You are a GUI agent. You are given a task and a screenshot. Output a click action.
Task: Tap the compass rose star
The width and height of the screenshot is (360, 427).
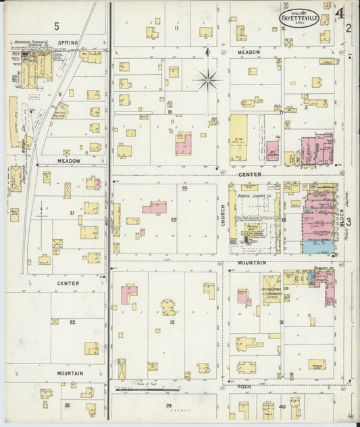(x=209, y=80)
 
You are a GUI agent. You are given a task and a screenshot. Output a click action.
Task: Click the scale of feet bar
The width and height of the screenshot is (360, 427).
(x=148, y=390)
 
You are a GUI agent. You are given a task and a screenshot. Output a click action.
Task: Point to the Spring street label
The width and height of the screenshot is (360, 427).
(x=68, y=43)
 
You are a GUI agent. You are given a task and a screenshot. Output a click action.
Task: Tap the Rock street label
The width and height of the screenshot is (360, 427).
(x=245, y=386)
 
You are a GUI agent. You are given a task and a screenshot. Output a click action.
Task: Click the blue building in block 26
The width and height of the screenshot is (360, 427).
(x=315, y=247)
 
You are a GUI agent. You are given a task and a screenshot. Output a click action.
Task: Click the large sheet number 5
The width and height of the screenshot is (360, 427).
(x=57, y=26)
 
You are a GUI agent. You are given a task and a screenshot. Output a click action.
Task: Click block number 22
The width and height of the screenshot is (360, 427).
(x=72, y=322)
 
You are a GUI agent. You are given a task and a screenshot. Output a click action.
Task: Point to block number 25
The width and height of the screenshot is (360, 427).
(x=174, y=220)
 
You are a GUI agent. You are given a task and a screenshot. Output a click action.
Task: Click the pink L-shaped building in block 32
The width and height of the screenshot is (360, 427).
(x=128, y=293)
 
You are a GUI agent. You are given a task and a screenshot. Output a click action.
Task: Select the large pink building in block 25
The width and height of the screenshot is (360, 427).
(x=155, y=207)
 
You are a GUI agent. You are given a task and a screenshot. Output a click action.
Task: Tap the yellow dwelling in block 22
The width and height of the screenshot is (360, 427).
(x=91, y=348)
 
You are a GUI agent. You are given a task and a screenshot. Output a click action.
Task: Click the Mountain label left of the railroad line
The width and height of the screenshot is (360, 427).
(x=70, y=373)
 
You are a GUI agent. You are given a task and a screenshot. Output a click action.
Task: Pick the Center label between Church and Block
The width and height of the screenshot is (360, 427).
(x=250, y=175)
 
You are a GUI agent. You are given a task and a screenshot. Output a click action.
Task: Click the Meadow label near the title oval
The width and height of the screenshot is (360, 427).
(x=249, y=51)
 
